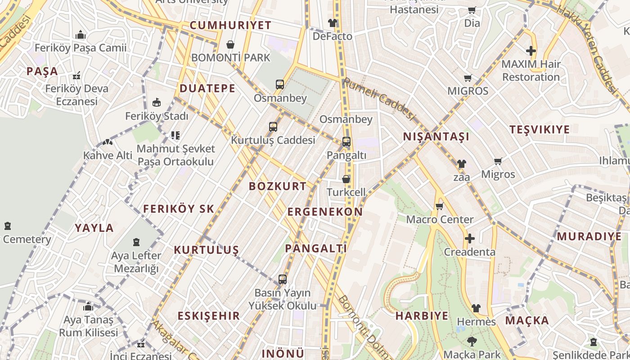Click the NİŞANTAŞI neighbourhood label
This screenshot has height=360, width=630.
coord(436,137)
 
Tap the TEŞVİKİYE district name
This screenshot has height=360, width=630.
coord(540,130)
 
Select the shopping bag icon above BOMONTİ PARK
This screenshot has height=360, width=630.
coord(230,45)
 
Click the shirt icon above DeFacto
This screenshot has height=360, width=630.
coord(333,23)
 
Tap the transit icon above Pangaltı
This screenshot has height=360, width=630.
coord(346,142)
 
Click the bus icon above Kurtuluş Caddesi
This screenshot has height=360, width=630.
coord(273,127)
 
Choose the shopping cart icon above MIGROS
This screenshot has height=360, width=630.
coord(468,78)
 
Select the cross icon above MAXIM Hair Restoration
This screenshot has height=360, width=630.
coord(531,51)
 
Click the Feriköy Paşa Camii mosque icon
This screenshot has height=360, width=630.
coord(81,35)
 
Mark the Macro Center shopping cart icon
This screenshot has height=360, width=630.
coord(440,207)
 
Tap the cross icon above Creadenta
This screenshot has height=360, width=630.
coord(470,238)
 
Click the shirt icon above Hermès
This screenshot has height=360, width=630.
coord(476,308)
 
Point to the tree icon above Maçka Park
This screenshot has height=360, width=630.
coord(472,342)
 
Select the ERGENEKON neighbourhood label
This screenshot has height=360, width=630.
coord(325,212)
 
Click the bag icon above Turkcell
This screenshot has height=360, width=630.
coord(346,179)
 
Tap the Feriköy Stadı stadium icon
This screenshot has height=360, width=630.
coord(157,103)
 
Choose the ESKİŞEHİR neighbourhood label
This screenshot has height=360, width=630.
coord(209,316)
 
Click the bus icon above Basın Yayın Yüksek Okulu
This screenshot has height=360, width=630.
coord(283,279)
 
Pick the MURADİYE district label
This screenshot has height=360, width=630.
coord(589,236)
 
